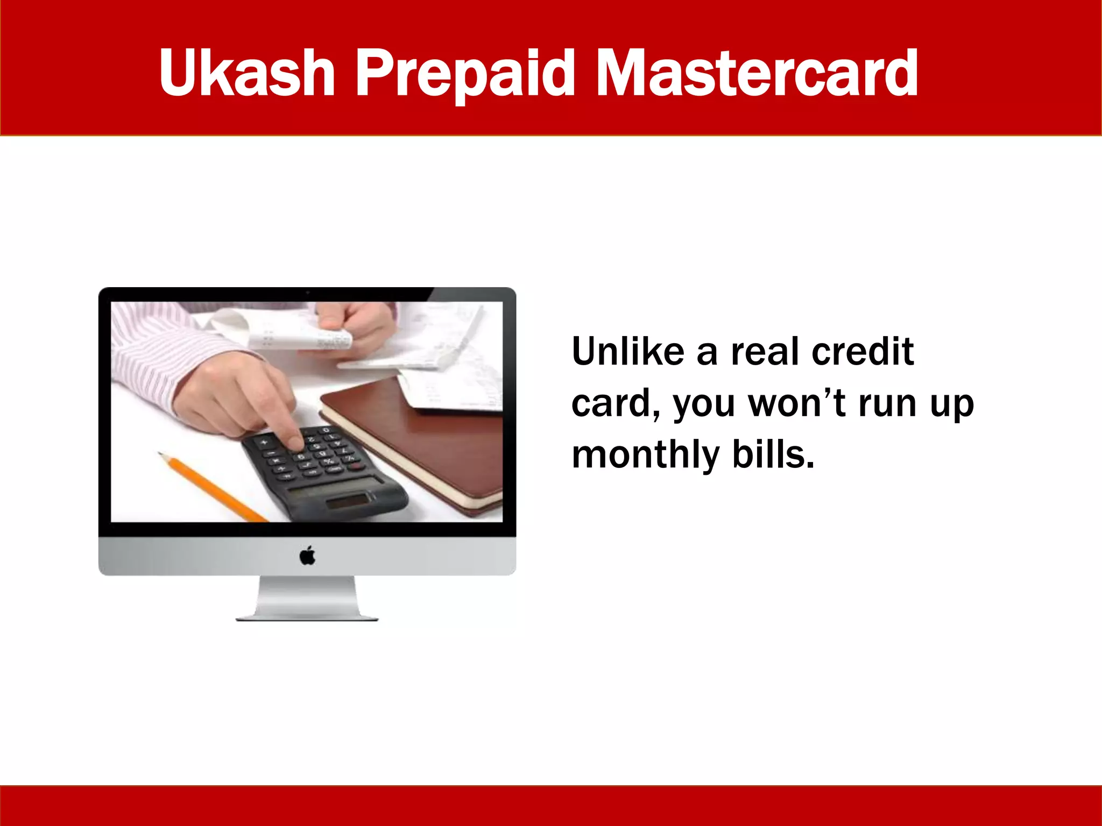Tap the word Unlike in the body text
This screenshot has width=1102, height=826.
(x=627, y=352)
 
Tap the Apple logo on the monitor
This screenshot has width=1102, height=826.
(x=307, y=556)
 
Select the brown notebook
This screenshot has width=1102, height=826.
(x=425, y=436)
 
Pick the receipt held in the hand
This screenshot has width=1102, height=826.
(x=301, y=333)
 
